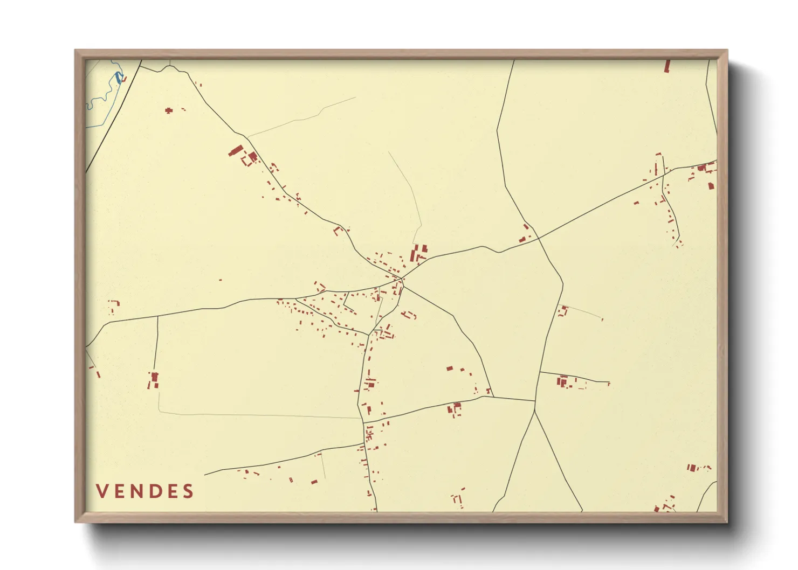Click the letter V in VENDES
pyautogui.click(x=102, y=491)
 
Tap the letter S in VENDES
pyautogui.click(x=188, y=491)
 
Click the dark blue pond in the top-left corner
pyautogui.click(x=118, y=79)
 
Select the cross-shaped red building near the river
pyautogui.click(x=169, y=110)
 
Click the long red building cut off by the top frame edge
pyautogui.click(x=667, y=66)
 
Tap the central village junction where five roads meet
pyautogui.click(x=402, y=279)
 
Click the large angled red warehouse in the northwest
pyautogui.click(x=236, y=150)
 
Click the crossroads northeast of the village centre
pyautogui.click(x=538, y=238)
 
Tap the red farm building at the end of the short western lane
pyautogui.click(x=154, y=379)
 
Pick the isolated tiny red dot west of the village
pyautogui.click(x=220, y=280)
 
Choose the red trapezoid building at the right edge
pyautogui.click(x=711, y=186)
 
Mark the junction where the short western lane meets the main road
pyautogui.click(x=157, y=316)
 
